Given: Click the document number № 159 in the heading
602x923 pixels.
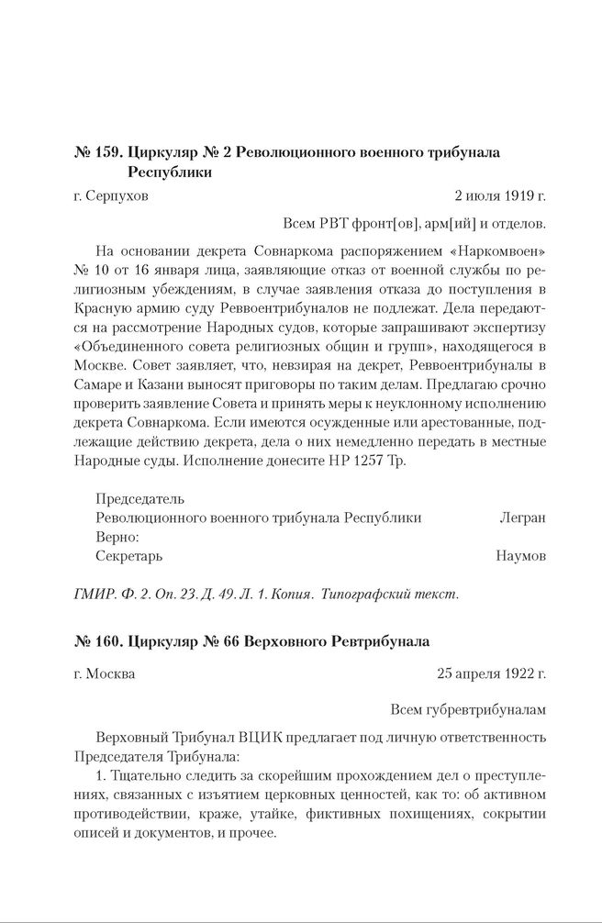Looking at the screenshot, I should tap(95, 151).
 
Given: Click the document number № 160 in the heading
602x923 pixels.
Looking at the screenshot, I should tap(95, 639).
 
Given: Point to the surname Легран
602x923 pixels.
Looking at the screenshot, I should tap(522, 517).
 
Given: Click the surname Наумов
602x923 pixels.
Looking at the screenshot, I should tap(520, 556).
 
